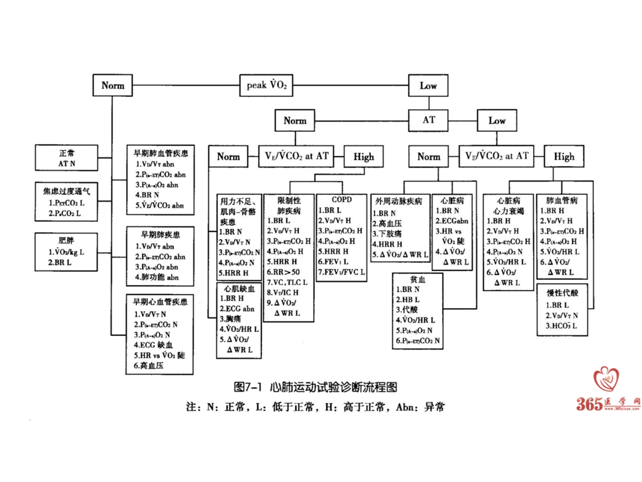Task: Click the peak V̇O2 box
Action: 267,86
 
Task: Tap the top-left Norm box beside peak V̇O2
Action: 113,86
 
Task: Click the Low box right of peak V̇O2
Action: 428,86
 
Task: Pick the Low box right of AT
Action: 496,120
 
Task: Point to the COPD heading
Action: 340,199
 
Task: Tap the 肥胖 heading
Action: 66,240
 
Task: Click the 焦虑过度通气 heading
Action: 66,191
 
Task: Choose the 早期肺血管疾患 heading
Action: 160,153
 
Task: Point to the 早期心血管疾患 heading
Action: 160,303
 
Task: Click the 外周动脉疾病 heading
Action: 399,201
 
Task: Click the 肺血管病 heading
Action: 562,199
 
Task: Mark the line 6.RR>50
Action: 282,272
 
